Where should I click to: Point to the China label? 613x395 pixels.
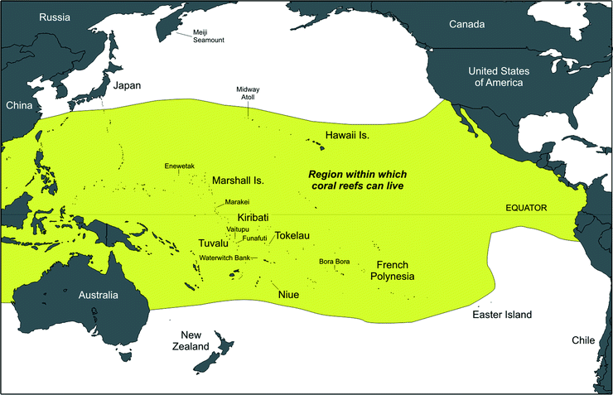pos(18,105)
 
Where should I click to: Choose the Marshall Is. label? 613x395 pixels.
pos(238,180)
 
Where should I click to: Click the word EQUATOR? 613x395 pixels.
pos(527,209)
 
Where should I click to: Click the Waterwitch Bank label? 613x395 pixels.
pos(224,258)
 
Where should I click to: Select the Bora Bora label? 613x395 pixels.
pos(334,262)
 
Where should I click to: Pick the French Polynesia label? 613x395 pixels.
pos(392,271)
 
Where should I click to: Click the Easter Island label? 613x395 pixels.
pos(501,316)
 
